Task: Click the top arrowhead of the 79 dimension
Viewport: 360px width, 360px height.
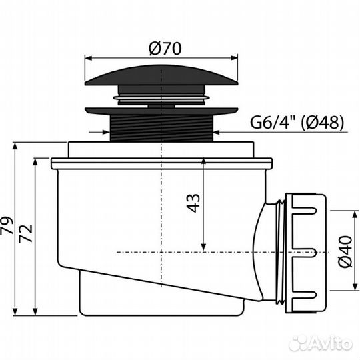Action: pos(14,145)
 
